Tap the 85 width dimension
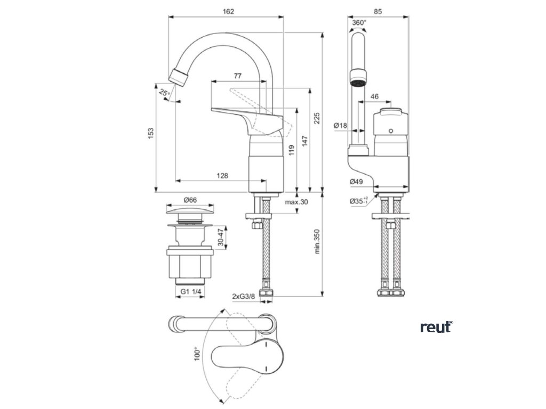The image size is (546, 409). pyautogui.click(x=378, y=11)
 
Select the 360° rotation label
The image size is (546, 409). pyautogui.click(x=359, y=23)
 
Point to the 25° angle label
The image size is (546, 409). pyautogui.click(x=164, y=93)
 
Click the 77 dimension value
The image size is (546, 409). pyautogui.click(x=238, y=76)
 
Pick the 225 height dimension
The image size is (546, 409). pyautogui.click(x=317, y=119)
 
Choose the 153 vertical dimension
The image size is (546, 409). pyautogui.click(x=150, y=132)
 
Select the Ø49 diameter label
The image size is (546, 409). pyautogui.click(x=356, y=182)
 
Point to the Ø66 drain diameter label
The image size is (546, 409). pyautogui.click(x=190, y=200)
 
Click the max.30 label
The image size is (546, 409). pyautogui.click(x=296, y=202)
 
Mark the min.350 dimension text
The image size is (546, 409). pyautogui.click(x=317, y=242)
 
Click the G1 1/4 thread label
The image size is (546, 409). pyautogui.click(x=190, y=292)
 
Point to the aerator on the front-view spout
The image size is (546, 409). pyautogui.click(x=358, y=78)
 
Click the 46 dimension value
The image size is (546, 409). pyautogui.click(x=374, y=96)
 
